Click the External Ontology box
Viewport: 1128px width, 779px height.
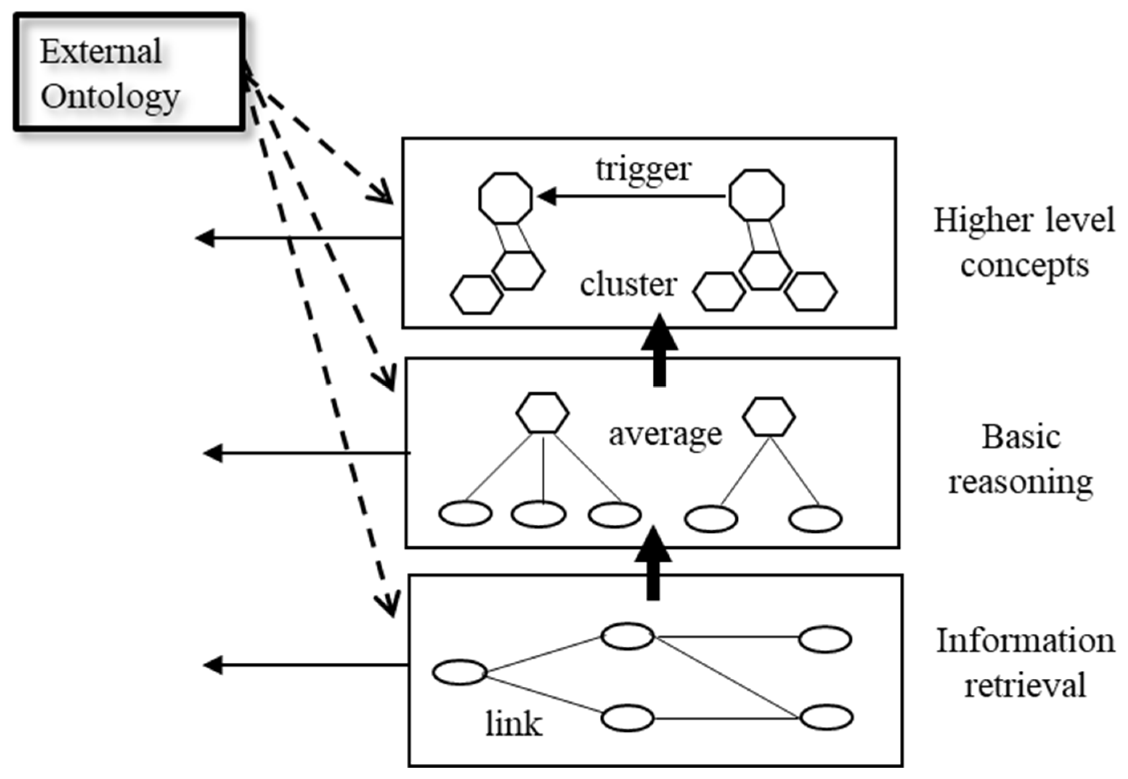pyautogui.click(x=129, y=72)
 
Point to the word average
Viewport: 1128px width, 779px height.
pyautogui.click(x=665, y=434)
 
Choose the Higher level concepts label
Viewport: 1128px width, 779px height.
pyautogui.click(x=1024, y=243)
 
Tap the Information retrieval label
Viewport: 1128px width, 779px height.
pyautogui.click(x=1025, y=663)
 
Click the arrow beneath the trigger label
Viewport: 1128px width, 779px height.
pyautogui.click(x=631, y=197)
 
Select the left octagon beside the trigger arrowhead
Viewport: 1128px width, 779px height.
pyautogui.click(x=505, y=198)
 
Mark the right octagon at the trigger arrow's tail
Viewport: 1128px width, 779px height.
pyautogui.click(x=757, y=195)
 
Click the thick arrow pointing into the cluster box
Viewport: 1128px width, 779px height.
pyautogui.click(x=659, y=351)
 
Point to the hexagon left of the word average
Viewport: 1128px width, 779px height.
pyautogui.click(x=543, y=412)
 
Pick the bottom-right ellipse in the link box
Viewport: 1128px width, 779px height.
pyautogui.click(x=826, y=717)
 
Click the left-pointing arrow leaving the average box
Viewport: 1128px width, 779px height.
pyautogui.click(x=307, y=453)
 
